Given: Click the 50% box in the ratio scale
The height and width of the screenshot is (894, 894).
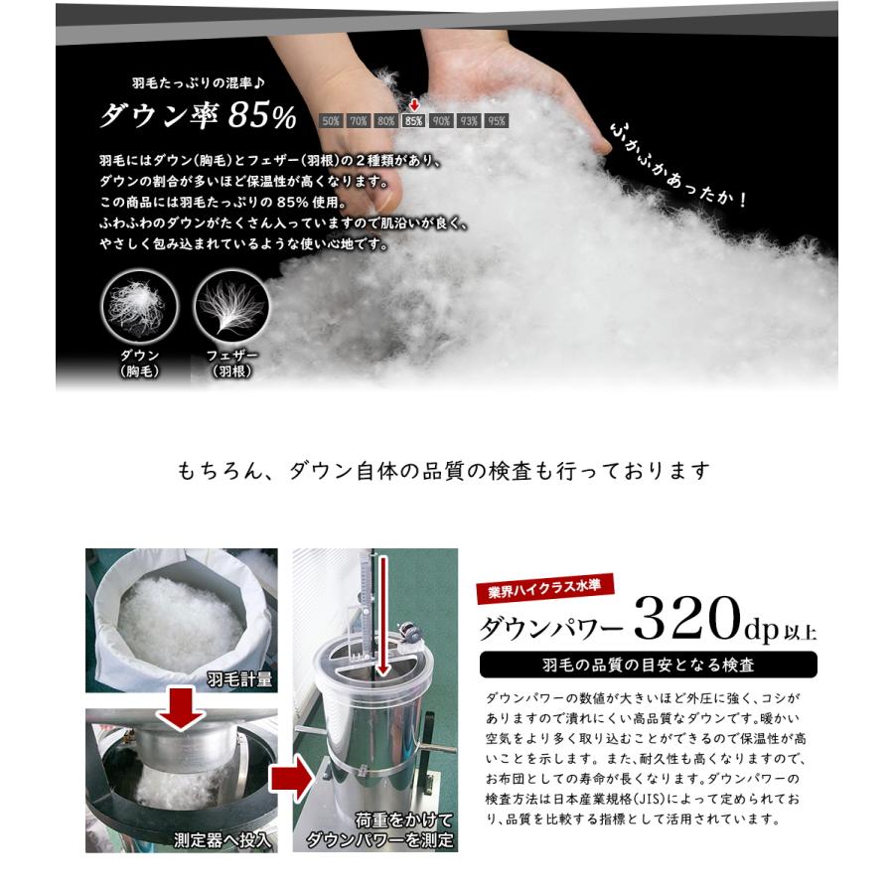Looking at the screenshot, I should (x=331, y=121).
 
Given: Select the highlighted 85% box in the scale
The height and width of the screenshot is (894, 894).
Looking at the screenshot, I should (x=413, y=121).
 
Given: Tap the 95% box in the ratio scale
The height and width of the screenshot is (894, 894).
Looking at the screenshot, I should (x=496, y=121).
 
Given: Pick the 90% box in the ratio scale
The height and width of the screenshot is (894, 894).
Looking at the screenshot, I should (x=441, y=121).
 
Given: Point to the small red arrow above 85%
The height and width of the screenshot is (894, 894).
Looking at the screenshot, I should (x=413, y=104).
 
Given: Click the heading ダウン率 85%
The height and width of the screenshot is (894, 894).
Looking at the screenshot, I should (x=198, y=116).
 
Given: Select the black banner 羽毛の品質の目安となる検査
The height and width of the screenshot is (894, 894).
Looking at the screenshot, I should (x=648, y=665).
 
